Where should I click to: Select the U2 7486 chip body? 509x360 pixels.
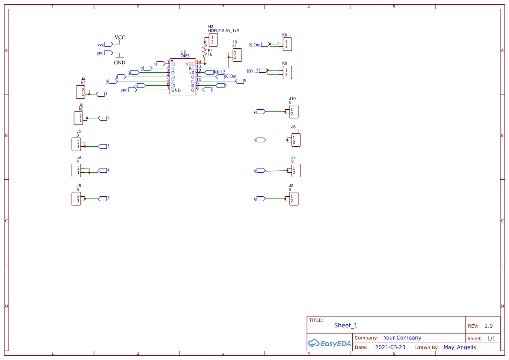pos(182,77)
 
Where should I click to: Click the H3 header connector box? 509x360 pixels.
pos(213,40)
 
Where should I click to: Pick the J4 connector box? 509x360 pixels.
pos(81,92)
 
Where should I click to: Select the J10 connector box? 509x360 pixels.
pos(294,111)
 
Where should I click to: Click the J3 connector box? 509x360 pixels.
pos(294,199)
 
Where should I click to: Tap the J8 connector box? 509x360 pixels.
pos(76,199)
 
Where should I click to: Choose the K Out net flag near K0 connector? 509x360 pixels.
pos(264,44)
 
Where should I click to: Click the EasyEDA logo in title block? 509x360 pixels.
pos(329,343)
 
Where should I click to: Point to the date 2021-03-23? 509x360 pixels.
pos(390,347)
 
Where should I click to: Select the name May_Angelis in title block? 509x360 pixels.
pos(459,347)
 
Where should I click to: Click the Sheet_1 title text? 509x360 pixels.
pos(345,326)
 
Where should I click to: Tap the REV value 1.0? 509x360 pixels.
pos(488,326)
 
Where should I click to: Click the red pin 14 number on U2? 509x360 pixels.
pos(199,62)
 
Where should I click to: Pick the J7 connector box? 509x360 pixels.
pos(296,170)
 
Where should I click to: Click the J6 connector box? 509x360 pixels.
pos(296,140)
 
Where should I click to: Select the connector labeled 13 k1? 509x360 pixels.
pos(237,55)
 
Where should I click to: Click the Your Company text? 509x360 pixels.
pos(402,338)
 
